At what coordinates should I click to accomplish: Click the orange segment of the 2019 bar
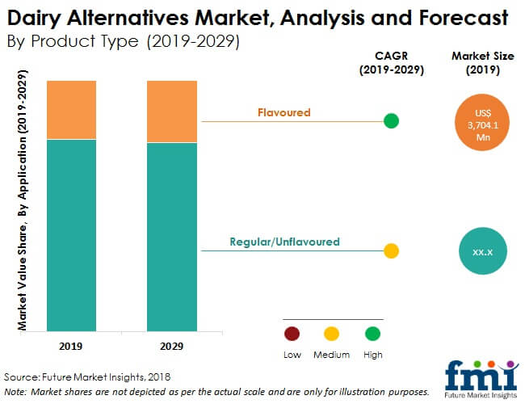coord(71,110)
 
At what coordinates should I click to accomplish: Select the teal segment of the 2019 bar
coord(71,235)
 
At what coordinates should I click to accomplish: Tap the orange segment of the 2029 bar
coord(172,111)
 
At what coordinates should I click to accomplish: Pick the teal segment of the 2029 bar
coord(172,238)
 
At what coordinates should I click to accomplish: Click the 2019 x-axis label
coord(70,346)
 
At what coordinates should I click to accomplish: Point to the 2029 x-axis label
coord(171,346)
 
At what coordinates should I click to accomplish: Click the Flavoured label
coord(284,112)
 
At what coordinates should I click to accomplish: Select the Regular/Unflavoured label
coord(284,242)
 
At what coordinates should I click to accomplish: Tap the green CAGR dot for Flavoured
coord(391,121)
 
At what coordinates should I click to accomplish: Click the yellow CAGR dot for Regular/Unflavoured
coord(391,251)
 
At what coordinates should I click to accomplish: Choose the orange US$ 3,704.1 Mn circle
coord(482,122)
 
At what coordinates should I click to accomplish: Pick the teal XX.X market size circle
coord(483,251)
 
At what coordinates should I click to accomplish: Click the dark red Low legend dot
coord(292,334)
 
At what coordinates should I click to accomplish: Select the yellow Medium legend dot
coord(331,334)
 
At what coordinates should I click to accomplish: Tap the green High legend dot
coord(372,334)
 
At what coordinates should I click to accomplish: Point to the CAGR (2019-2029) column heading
coord(392,63)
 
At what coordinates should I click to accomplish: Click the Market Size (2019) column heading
coord(483,63)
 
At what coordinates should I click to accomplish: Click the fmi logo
coord(482,380)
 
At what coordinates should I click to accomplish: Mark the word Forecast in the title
coord(464,18)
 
